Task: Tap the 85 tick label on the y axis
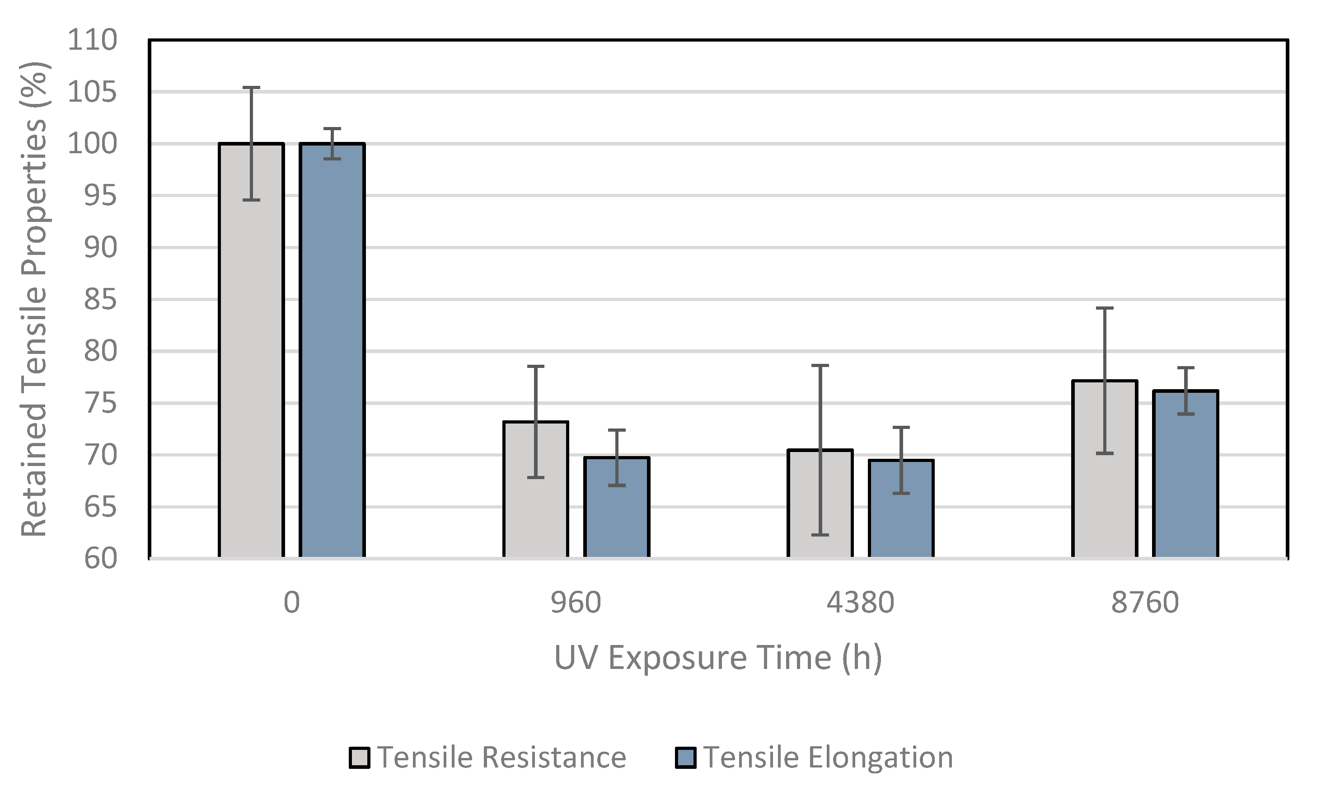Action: tap(100, 300)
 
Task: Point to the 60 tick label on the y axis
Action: tap(100, 559)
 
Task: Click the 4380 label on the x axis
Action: tap(860, 603)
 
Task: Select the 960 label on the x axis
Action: tap(576, 603)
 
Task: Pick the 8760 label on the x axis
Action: tap(1145, 603)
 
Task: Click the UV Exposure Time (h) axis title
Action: tap(718, 658)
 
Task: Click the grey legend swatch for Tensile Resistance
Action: tap(359, 758)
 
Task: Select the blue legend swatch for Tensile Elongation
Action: tap(685, 758)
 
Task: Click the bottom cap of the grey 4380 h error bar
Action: tap(820, 535)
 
